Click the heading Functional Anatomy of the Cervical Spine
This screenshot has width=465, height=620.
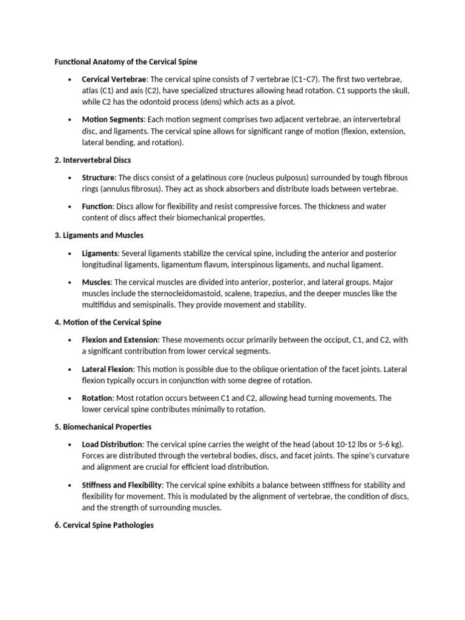point(126,62)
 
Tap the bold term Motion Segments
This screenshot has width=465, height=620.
point(113,120)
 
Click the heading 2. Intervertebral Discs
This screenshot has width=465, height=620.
point(93,160)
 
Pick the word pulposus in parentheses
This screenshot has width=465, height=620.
point(303,178)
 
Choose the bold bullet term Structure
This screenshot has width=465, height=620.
point(98,178)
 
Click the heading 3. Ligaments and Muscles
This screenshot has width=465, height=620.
point(99,235)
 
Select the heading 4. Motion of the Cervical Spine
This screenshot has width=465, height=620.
point(108,322)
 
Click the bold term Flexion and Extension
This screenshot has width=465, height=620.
point(120,340)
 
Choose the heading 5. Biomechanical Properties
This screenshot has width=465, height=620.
point(103,427)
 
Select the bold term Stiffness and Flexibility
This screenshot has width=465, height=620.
point(122,485)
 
